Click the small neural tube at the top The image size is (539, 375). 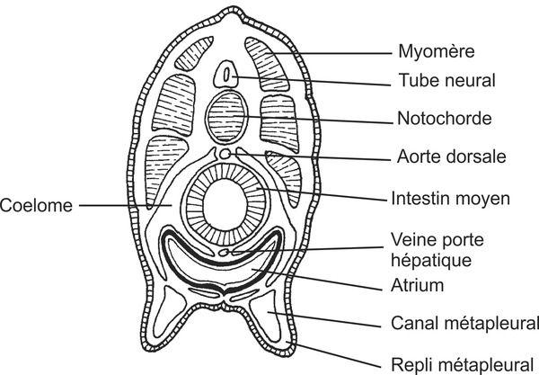[230, 75]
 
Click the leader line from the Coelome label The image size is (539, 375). [117, 205]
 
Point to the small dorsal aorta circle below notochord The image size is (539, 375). [225, 155]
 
